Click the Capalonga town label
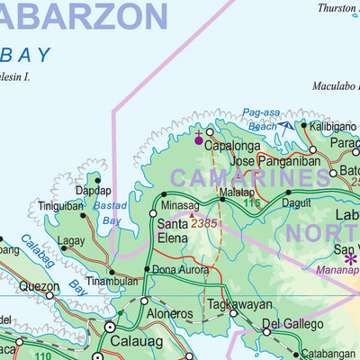[233, 145]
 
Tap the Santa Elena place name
[173, 230]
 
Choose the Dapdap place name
[94, 191]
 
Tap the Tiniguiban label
[61, 206]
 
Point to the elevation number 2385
[203, 222]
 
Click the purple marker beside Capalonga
[199, 139]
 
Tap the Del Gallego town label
[292, 323]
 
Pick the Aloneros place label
[169, 314]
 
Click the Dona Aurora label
[180, 269]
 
